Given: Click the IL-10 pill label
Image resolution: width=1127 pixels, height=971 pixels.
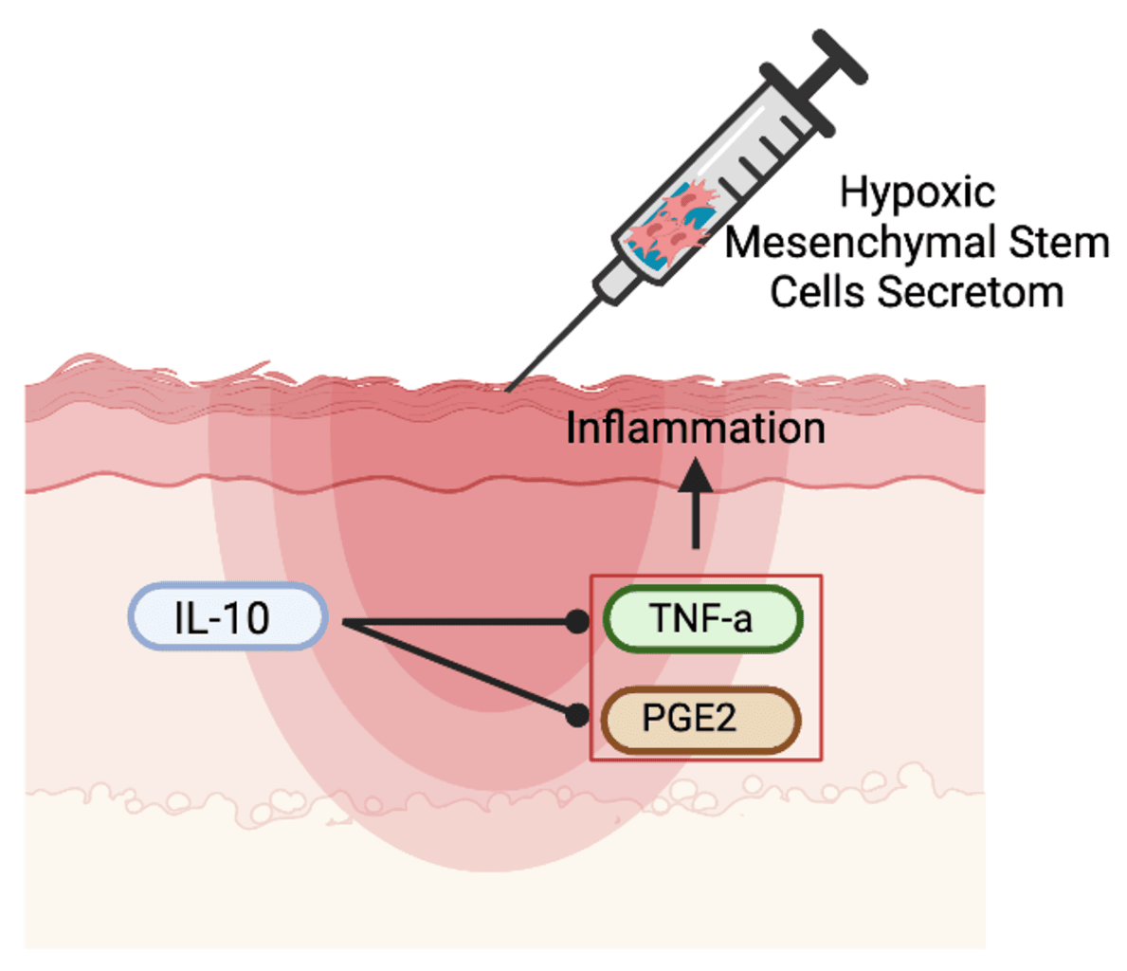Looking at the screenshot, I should point(227,617).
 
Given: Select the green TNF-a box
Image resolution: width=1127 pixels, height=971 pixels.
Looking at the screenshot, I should point(702,619).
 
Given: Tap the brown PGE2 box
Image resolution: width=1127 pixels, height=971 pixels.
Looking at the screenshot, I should point(701,720).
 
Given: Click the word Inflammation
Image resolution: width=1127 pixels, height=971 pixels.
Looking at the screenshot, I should point(695,428).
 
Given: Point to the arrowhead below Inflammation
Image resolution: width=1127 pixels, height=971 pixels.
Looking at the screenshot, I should point(697,474).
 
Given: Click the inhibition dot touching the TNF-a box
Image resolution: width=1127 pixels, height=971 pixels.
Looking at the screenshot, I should point(576,622).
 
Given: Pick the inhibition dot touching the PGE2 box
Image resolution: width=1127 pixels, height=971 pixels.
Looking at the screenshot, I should point(576,715).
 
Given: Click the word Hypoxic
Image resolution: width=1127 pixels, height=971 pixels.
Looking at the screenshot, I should point(917,192).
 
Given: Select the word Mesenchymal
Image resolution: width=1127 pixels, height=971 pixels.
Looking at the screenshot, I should point(859,243).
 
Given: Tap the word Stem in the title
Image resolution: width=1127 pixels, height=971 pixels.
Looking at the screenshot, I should point(1058,243).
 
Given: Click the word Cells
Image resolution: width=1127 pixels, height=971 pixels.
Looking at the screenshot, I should point(817,292).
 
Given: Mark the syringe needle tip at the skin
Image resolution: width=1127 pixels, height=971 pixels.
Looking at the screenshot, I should point(509,389).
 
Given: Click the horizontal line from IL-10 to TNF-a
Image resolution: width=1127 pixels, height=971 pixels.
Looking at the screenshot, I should point(455,623).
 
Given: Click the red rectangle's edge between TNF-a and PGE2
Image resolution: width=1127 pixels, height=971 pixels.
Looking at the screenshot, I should point(591,669).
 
